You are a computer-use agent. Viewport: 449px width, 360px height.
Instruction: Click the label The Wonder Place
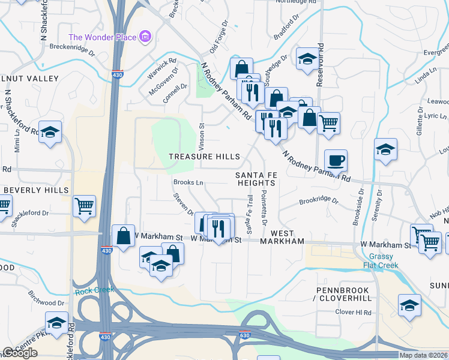tap(103, 37)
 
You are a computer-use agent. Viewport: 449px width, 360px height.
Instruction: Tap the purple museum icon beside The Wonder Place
tap(145, 37)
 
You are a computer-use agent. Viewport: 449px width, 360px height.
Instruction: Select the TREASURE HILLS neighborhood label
tap(204, 157)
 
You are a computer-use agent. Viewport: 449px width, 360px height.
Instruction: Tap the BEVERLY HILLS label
tap(36, 190)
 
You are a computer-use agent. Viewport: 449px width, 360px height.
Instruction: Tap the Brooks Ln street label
tap(188, 182)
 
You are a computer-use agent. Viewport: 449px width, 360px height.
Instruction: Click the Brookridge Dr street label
tap(319, 202)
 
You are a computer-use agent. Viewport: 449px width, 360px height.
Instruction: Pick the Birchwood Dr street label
tap(46, 299)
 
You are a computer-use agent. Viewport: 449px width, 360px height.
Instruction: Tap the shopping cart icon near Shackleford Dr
tap(84, 206)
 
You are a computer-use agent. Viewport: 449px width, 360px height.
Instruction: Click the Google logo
tap(20, 353)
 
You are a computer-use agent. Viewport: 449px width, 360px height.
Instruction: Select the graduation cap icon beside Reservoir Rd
tap(307, 59)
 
